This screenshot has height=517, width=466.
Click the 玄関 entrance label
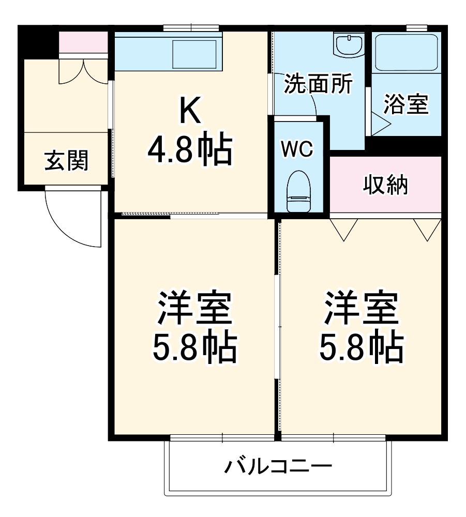coord(66,161)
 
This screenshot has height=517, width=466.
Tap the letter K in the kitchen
coord(190,110)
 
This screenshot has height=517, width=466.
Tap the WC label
coord(297,150)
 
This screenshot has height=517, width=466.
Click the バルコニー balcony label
coord(278,468)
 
